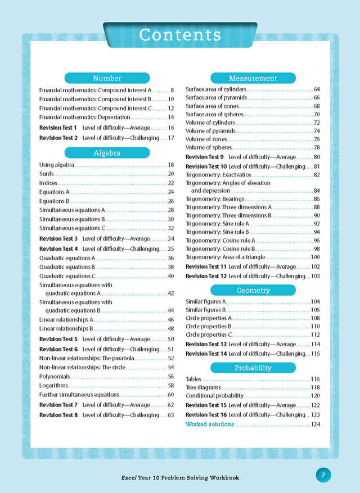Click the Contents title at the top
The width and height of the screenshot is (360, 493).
tap(180, 35)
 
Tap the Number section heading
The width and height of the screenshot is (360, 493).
tap(107, 78)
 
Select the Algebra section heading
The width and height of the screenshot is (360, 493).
tap(107, 152)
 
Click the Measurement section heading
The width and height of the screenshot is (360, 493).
tap(253, 78)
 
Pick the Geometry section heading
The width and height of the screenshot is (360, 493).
tap(253, 290)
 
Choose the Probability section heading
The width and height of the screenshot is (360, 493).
tap(253, 368)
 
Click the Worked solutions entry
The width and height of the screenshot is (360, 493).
tap(210, 424)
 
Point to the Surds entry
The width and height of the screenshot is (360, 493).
tap(46, 174)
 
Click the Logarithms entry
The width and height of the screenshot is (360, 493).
tap(53, 386)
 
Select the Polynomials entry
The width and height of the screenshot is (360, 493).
tap(55, 377)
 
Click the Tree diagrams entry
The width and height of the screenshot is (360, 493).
tap(203, 388)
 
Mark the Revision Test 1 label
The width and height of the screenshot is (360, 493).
tap(58, 128)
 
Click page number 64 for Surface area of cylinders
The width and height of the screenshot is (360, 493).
tap(317, 89)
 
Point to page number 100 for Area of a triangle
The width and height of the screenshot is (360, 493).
tap(316, 257)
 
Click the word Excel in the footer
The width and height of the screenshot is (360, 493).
tap(130, 478)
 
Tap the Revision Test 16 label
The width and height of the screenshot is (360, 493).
tap(205, 415)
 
